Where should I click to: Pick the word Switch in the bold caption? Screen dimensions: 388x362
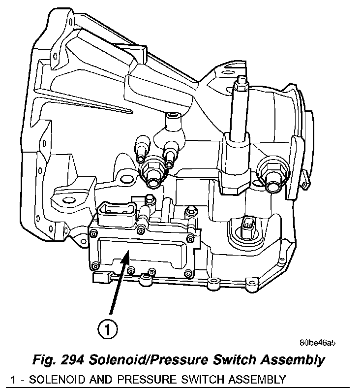[234, 359]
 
